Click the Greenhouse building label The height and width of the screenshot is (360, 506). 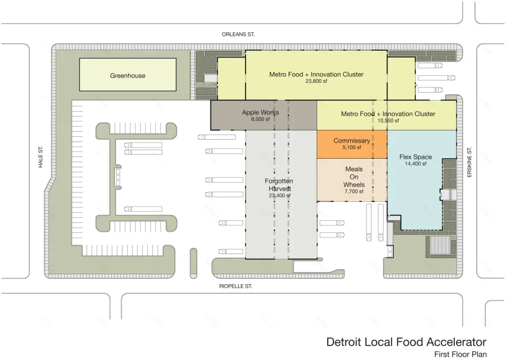click(x=128, y=75)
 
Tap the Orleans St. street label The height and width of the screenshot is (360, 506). click(x=238, y=35)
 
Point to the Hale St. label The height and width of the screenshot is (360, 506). click(x=41, y=157)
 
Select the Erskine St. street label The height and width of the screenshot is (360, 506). click(x=470, y=162)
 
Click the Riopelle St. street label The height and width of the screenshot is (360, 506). click(x=236, y=286)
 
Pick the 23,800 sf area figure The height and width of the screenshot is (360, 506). click(x=316, y=81)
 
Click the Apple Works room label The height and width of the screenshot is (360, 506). click(x=260, y=112)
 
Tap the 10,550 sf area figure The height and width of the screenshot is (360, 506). click(x=388, y=121)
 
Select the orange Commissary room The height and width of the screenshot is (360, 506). click(x=352, y=144)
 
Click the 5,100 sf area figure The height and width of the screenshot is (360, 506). click(x=352, y=147)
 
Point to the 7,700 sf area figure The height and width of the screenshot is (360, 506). click(x=354, y=192)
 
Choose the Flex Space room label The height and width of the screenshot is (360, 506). click(x=416, y=157)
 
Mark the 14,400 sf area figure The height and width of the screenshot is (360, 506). click(x=416, y=164)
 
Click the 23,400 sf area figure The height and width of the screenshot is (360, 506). click(x=280, y=196)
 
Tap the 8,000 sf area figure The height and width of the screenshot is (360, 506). click(x=260, y=119)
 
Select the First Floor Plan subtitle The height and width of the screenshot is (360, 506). click(x=461, y=354)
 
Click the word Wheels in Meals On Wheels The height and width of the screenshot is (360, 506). click(x=354, y=185)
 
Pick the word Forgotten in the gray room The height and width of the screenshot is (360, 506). click(x=279, y=181)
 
